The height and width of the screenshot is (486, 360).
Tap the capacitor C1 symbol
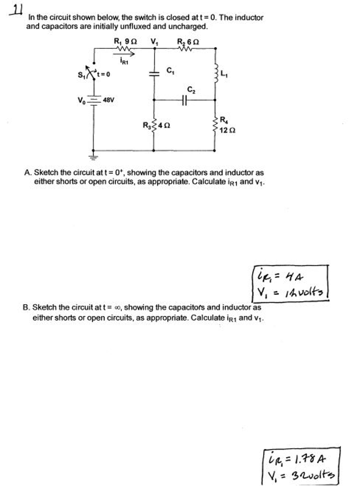tap(153, 74)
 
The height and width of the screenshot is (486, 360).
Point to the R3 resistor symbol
tap(153, 126)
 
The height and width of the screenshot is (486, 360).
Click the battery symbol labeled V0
tap(93, 101)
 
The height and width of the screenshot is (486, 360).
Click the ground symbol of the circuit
tap(93, 155)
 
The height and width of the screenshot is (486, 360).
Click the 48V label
tap(109, 101)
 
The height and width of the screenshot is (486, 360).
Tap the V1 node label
tap(154, 42)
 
